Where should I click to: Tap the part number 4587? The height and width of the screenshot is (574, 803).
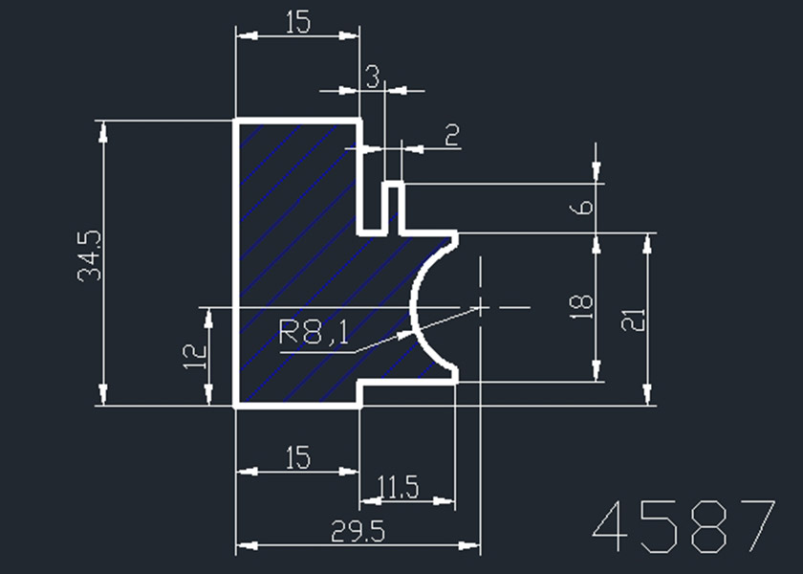(684, 526)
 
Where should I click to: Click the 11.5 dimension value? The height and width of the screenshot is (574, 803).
(398, 488)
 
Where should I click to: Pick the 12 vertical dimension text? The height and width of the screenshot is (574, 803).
(195, 357)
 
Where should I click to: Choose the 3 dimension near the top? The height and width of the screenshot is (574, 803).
(373, 75)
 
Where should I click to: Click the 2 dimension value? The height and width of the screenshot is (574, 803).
(451, 135)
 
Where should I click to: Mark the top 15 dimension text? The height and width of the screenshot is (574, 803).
(297, 22)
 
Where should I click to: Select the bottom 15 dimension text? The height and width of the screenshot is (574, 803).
(297, 458)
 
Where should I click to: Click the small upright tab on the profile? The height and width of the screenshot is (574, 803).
(393, 203)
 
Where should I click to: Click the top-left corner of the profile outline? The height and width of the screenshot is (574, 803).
(237, 121)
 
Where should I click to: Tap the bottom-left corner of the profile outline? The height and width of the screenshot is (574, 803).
(237, 406)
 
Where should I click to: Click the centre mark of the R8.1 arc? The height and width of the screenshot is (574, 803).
(478, 307)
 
